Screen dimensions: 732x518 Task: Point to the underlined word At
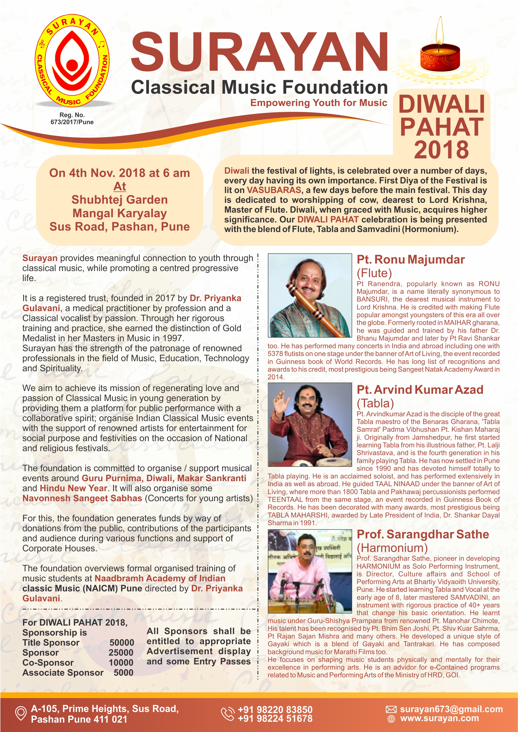pos(120,186)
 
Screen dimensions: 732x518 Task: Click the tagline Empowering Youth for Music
pos(319,103)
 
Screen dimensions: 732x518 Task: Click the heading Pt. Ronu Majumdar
pos(411,260)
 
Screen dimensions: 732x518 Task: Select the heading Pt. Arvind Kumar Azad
pos(420,390)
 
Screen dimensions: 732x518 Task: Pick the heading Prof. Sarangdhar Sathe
pos(423,534)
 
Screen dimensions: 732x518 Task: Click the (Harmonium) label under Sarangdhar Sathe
pos(392,548)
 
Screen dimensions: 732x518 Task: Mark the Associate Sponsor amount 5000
pos(124,673)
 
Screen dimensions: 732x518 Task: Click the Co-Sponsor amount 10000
pos(121,663)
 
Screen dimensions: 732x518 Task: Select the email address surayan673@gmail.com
pos(451,709)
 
